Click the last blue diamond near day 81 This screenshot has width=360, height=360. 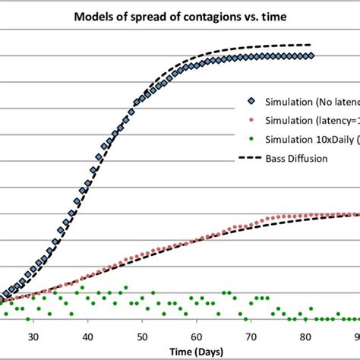(x=311, y=55)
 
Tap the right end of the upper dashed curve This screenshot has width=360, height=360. (x=311, y=45)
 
